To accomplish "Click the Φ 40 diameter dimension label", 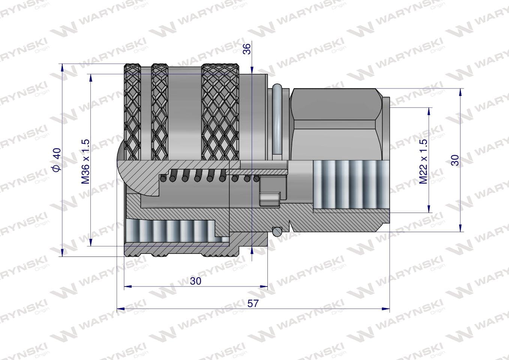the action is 57,159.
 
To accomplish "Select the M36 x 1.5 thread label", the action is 86,162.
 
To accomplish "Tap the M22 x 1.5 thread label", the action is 423,162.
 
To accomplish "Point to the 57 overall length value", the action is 253,303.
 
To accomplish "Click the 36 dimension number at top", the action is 246,49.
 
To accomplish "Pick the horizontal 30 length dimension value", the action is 196,281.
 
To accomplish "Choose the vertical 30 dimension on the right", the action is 455,160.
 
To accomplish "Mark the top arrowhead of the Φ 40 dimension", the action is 62,67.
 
